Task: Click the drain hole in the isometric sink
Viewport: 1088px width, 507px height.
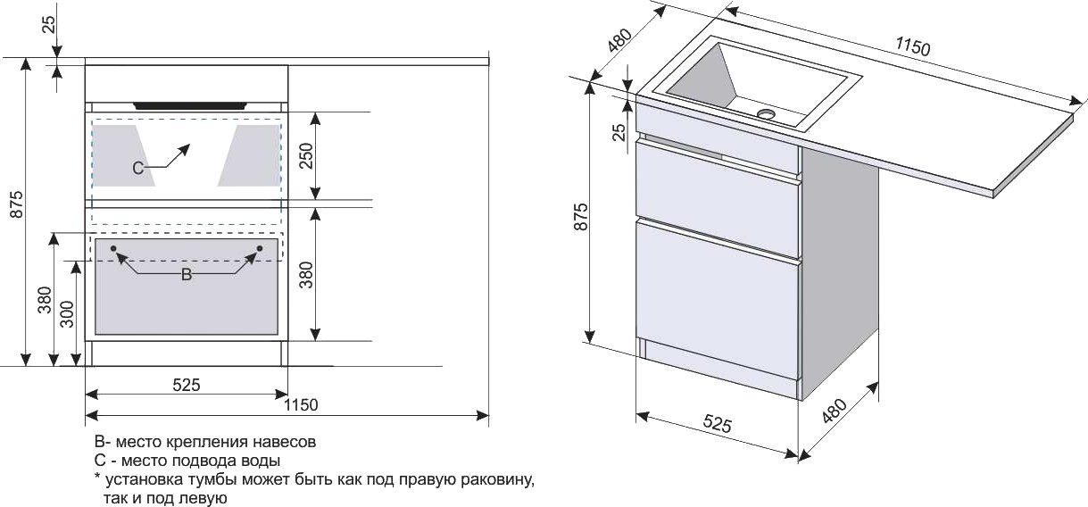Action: pos(766,114)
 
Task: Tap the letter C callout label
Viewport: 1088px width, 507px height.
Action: pos(137,167)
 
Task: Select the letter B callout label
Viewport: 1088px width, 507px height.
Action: pos(186,275)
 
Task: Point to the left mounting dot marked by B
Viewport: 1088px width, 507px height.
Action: pos(113,247)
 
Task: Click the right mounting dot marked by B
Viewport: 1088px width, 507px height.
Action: pos(259,247)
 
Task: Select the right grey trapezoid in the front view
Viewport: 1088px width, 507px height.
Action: pos(251,154)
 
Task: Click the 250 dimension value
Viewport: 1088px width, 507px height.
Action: pos(307,156)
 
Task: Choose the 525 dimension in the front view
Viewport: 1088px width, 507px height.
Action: pos(186,385)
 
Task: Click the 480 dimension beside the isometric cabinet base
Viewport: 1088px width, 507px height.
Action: pos(834,410)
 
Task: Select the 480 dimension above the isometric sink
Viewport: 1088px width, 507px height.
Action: pos(619,41)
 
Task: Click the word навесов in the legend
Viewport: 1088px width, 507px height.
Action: pos(287,442)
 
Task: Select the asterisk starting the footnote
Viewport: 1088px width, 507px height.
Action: pos(97,478)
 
